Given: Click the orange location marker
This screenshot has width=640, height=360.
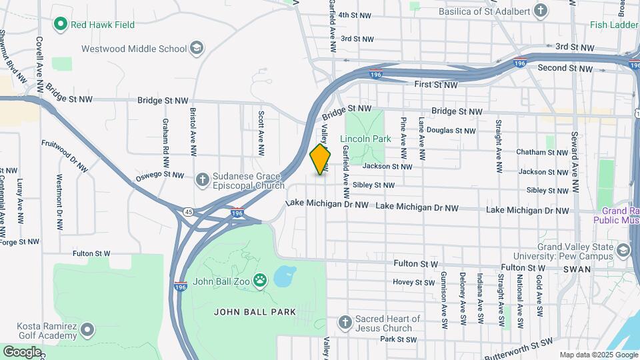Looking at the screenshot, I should (320, 159).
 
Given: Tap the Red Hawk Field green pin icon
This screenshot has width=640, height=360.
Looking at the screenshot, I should (61, 25).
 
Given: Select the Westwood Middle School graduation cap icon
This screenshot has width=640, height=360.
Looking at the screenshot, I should (197, 48).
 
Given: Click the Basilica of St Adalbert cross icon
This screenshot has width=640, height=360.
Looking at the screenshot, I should (541, 11).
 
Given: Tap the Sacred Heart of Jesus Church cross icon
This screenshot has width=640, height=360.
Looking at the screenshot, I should (345, 323).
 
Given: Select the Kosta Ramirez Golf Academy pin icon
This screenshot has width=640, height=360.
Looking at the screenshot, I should (88, 330).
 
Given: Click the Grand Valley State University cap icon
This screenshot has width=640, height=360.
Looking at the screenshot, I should (623, 251).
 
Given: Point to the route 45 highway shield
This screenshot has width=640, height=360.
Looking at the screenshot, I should (189, 212).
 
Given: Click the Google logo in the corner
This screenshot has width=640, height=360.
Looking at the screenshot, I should (21, 351).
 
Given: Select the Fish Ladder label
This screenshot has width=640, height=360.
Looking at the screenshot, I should (614, 25).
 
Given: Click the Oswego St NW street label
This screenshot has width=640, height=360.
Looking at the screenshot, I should (159, 176).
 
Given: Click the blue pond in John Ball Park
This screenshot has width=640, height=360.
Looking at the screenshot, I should (285, 275).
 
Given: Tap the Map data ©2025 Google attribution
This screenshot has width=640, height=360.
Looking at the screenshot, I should (597, 355).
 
